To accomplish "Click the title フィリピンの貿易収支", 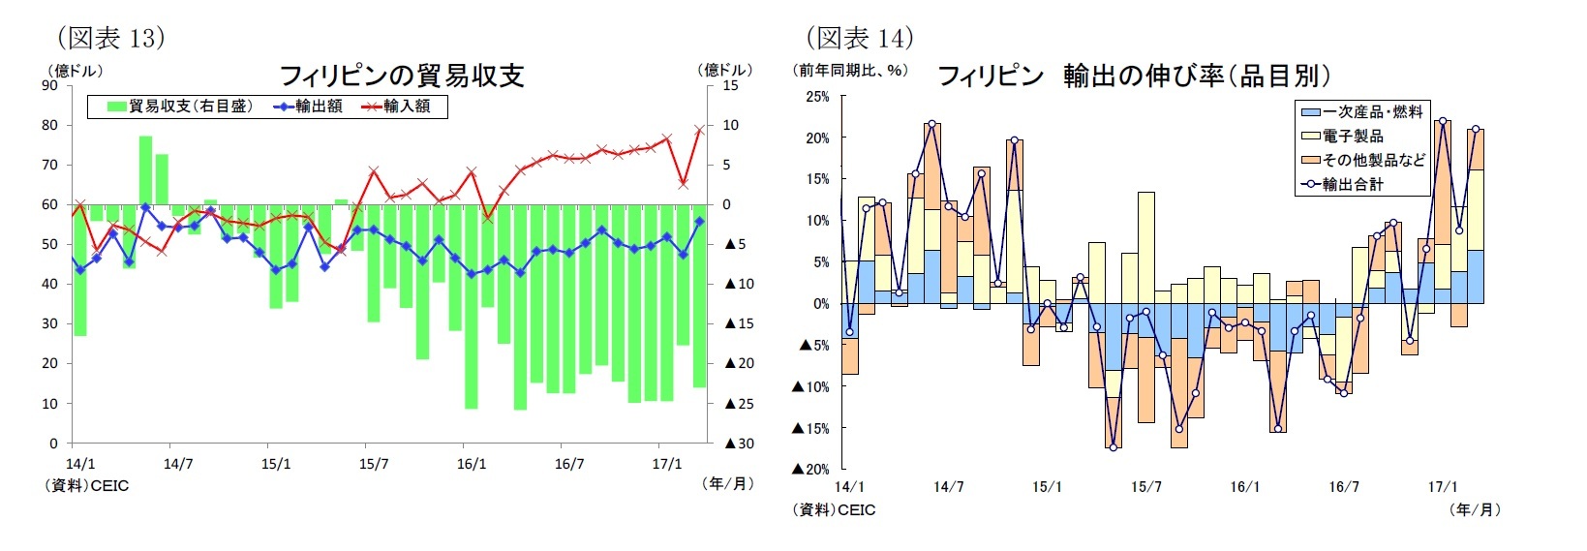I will coord(401,76).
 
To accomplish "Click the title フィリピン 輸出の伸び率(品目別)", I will coord(1133,76).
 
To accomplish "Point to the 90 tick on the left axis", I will coord(49,85).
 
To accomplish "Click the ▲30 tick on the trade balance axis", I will coord(739,444).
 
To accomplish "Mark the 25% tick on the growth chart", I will coord(817,97).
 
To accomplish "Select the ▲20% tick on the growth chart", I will coord(810,470).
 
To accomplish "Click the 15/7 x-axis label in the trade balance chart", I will coord(374,464).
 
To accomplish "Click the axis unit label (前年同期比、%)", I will coord(850,71).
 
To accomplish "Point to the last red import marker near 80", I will coord(699,130).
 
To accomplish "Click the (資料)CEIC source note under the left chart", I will coord(87,485).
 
